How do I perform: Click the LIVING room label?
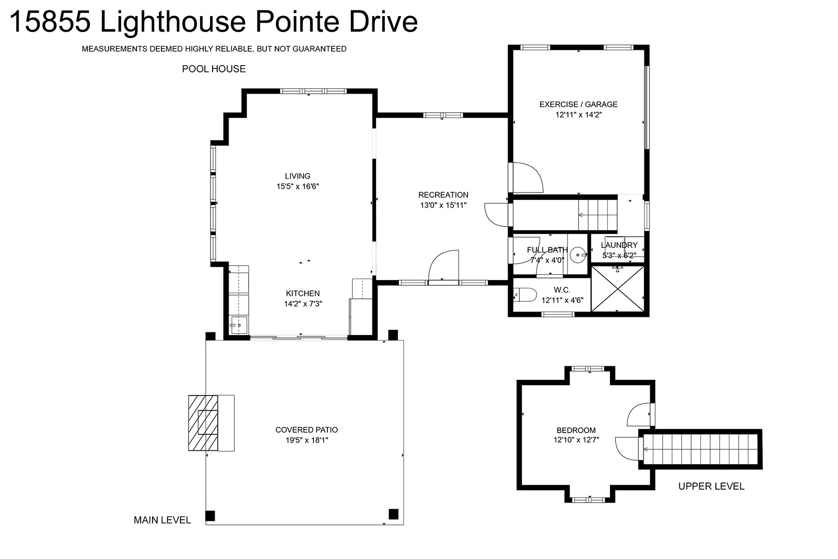click(x=297, y=176)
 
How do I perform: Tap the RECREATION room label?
click(x=443, y=195)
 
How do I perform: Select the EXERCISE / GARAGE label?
click(x=578, y=105)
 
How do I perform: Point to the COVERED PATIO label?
click(x=306, y=430)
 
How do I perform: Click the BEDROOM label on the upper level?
click(x=576, y=430)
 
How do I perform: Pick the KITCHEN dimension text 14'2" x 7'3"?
click(x=303, y=304)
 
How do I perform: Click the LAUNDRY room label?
click(x=619, y=245)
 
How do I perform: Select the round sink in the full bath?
click(x=578, y=255)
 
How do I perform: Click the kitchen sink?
click(x=238, y=325)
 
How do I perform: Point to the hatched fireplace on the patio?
click(x=203, y=423)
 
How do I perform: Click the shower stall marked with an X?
click(x=618, y=289)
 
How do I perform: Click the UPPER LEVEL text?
click(x=711, y=486)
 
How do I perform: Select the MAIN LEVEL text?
click(x=162, y=520)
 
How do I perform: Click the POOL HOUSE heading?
click(x=214, y=69)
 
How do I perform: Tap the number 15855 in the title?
click(x=50, y=22)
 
